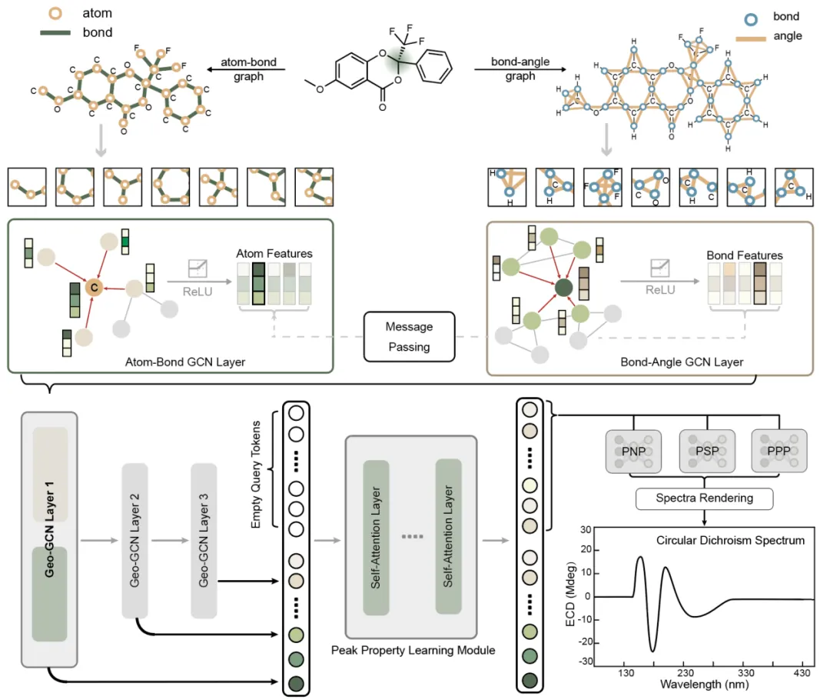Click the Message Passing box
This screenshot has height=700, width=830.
409,336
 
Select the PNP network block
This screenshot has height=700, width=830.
633,451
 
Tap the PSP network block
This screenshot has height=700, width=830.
707,451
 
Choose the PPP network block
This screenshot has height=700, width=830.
779,451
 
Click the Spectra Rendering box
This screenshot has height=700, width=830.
704,498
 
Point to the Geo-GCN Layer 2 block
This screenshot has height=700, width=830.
134,541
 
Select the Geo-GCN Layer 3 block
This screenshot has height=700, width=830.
204,541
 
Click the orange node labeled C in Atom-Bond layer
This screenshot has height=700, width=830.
94,287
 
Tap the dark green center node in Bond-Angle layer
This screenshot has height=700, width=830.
563,288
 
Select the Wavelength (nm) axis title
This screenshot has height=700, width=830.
704,685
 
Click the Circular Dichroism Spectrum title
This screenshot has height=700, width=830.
731,540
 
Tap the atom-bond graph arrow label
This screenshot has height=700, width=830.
248,69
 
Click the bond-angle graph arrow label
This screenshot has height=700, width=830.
520,68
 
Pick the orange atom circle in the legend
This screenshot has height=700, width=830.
55,13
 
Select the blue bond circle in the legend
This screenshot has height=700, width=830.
751,19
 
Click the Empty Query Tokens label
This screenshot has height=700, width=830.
256,475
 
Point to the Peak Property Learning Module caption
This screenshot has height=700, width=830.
413,650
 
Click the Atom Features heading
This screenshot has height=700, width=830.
274,253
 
